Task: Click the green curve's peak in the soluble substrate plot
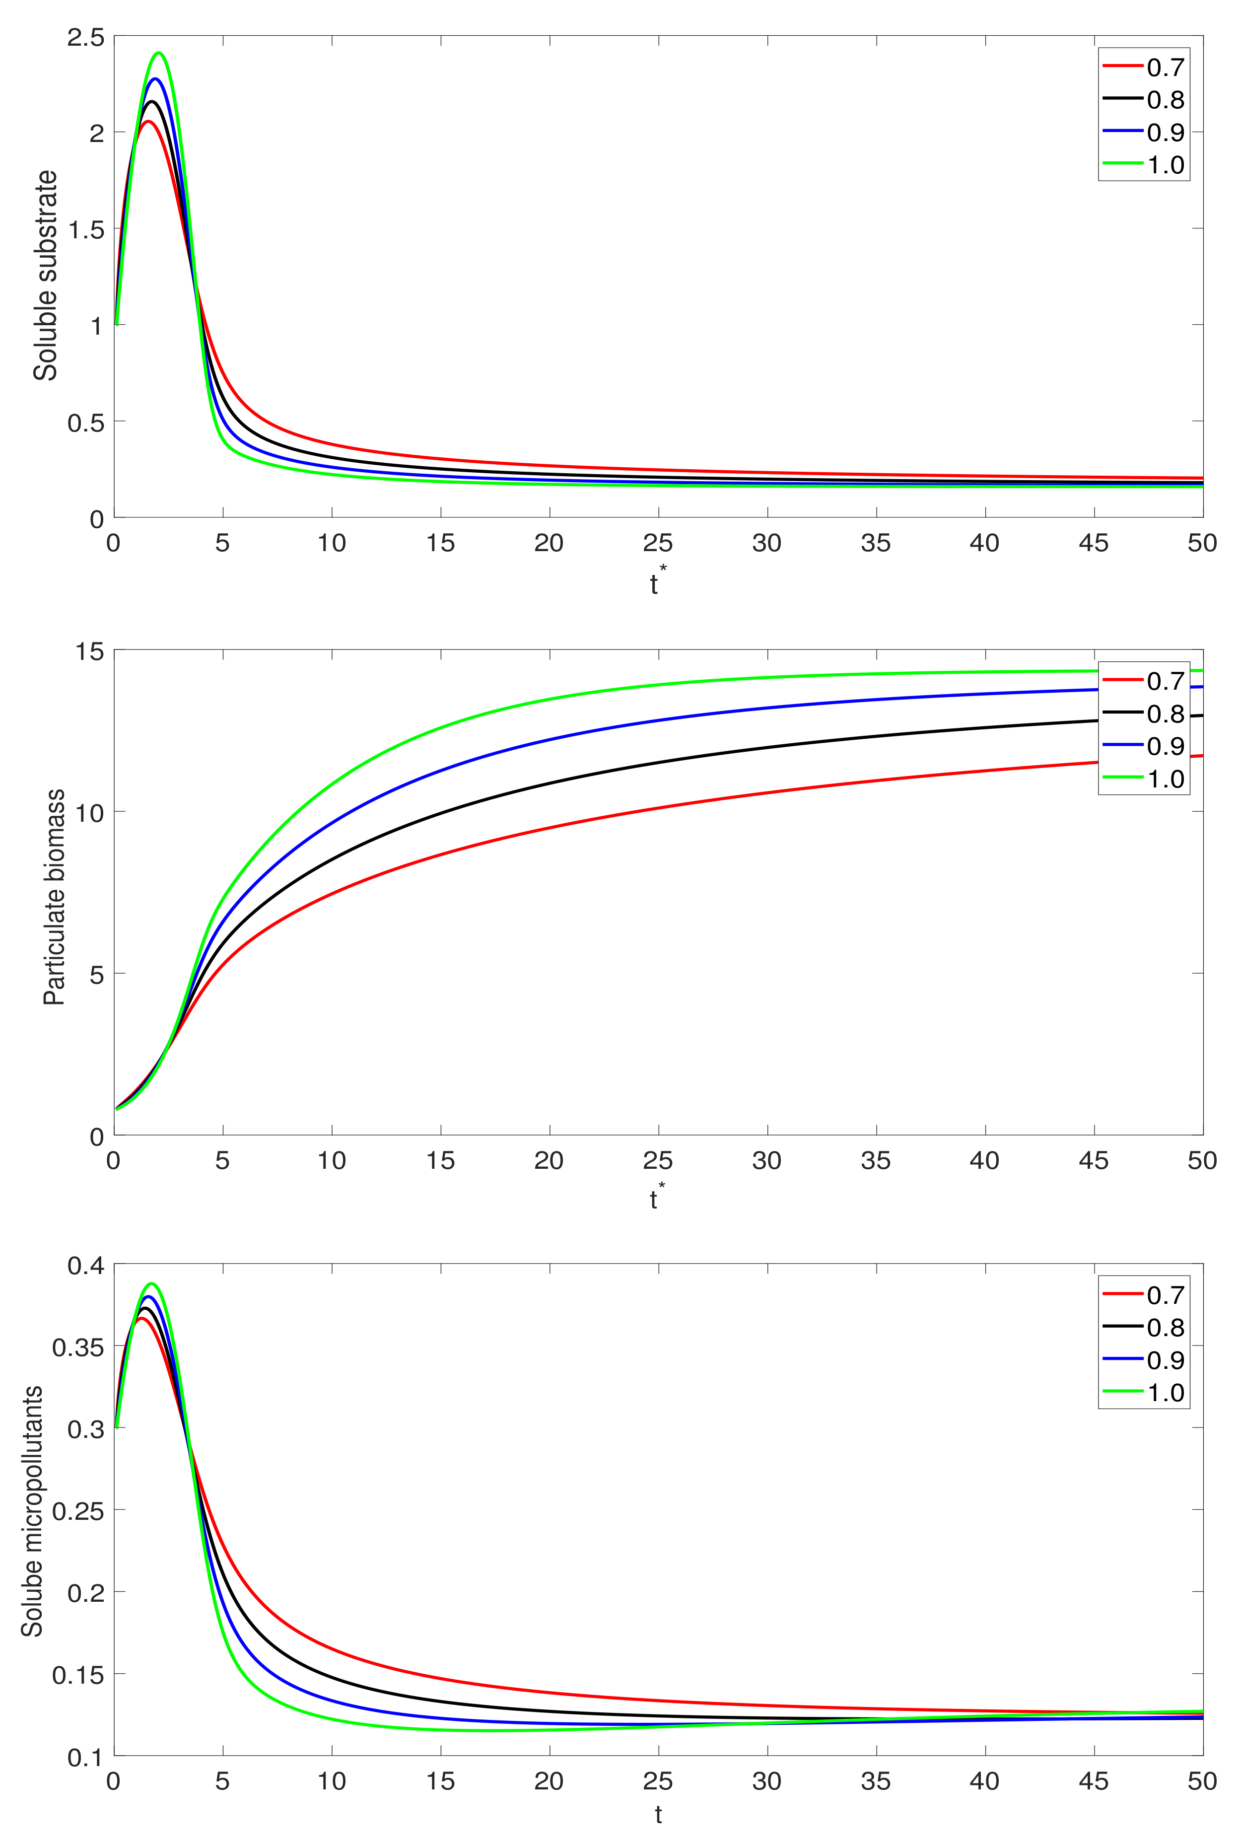[x=159, y=53]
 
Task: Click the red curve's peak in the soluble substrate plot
[x=147, y=121]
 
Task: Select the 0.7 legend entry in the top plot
[x=1166, y=67]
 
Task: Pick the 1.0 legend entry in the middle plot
[x=1166, y=780]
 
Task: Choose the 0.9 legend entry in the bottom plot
[x=1166, y=1360]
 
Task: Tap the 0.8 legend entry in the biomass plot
[x=1166, y=714]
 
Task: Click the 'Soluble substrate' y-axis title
[x=46, y=276]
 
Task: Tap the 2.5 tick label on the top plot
[x=85, y=37]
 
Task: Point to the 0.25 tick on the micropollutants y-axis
[x=78, y=1511]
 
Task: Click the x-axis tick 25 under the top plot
[x=658, y=543]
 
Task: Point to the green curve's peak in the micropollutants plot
[x=151, y=1283]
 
